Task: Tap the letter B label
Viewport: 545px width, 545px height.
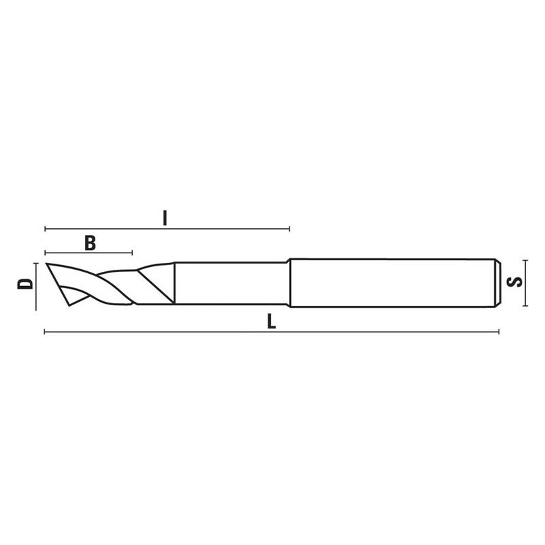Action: (89, 242)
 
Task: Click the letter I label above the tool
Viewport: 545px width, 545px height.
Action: (165, 218)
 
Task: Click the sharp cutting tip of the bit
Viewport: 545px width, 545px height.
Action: (46, 264)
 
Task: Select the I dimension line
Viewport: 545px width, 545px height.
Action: (225, 228)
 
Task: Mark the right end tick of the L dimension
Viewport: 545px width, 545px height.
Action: (499, 332)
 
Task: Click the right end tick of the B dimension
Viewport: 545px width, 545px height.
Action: (132, 253)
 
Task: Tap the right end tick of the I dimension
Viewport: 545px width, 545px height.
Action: (290, 228)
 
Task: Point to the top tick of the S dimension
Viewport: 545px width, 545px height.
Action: (525, 260)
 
